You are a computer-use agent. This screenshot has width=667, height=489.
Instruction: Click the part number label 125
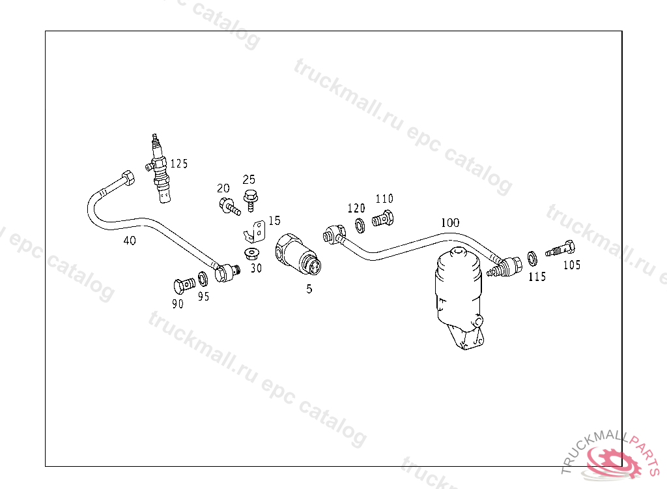178,164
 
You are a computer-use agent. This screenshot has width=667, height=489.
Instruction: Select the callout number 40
130,241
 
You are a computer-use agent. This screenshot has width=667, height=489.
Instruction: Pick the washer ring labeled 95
203,279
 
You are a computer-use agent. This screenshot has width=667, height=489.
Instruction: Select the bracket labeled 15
256,231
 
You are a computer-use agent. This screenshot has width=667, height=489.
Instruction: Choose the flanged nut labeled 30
251,253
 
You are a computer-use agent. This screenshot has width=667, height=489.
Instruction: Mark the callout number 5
309,289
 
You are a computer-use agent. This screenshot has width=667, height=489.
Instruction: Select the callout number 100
449,222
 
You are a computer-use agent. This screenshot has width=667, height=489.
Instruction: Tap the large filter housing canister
457,297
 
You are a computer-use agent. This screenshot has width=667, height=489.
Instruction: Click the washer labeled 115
532,259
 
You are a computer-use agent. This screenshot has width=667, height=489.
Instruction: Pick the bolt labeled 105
561,249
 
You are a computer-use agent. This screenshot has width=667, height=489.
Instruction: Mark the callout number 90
178,303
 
